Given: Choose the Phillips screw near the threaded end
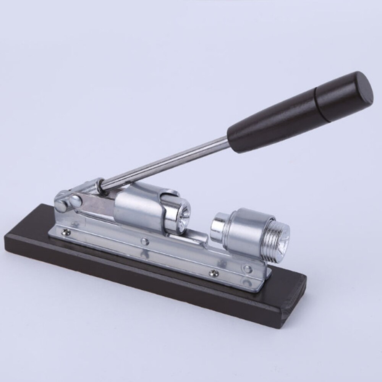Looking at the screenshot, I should [214, 272].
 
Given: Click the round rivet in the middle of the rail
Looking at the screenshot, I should [144, 241].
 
